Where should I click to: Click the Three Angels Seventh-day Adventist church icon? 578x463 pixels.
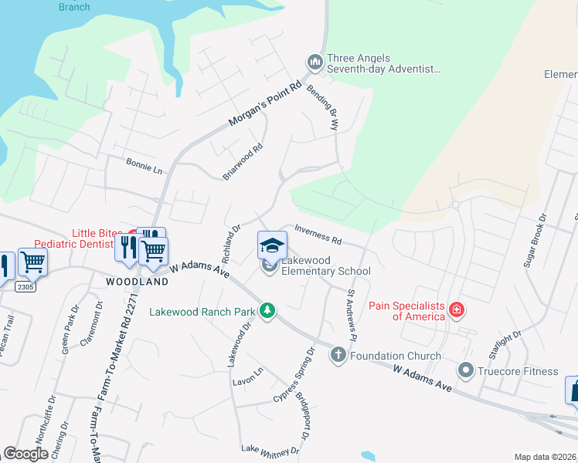(314, 61)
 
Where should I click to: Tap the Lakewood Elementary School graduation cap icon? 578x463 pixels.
(272, 245)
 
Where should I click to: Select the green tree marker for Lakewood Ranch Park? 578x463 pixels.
(267, 311)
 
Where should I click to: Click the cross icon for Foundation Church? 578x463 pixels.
(338, 355)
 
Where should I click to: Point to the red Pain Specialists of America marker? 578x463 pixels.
(457, 310)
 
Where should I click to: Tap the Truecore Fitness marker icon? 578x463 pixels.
(465, 370)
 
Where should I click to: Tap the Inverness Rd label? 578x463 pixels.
(318, 234)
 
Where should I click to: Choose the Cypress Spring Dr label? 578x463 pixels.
(294, 374)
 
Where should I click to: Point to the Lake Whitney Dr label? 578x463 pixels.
(270, 450)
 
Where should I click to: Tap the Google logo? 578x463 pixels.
(26, 454)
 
